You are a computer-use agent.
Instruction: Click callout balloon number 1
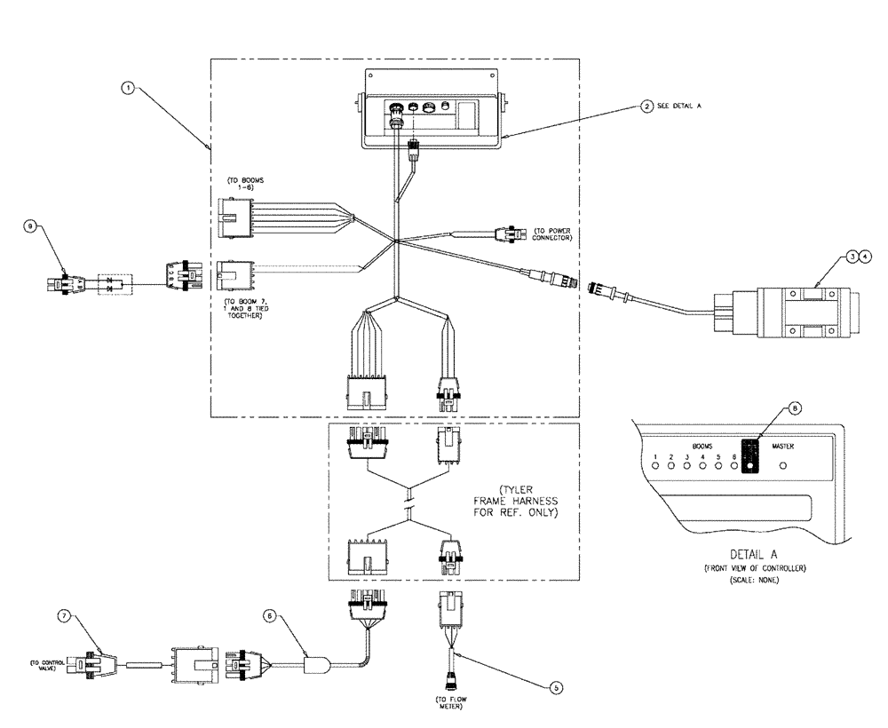coord(129,88)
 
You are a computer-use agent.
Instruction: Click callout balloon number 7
coord(63,614)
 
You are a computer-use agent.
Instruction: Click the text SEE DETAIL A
coord(679,106)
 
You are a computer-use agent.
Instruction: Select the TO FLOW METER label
coord(446,704)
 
